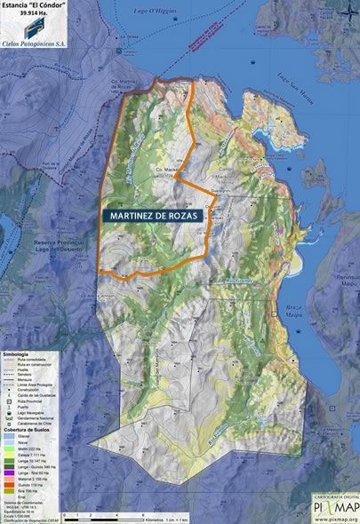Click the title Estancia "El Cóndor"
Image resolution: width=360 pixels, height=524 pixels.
click(34, 6)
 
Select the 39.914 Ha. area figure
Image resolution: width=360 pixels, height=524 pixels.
click(34, 16)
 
